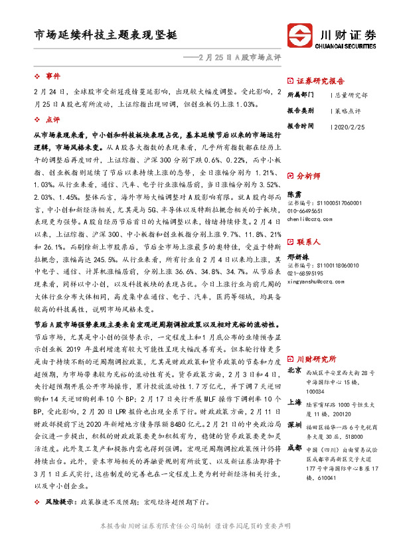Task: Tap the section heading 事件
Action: [52, 76]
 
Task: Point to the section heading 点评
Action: [52, 120]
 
